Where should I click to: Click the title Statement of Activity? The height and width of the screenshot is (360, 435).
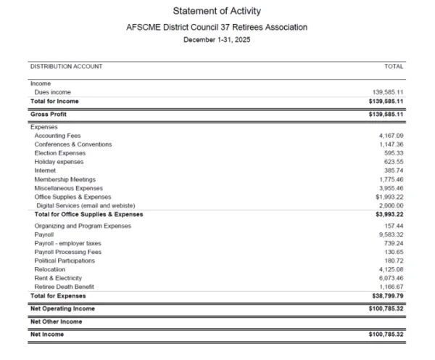tap(217, 11)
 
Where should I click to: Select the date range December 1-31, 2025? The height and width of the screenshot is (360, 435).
tap(217, 40)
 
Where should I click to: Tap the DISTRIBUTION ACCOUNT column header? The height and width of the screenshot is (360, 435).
tap(66, 67)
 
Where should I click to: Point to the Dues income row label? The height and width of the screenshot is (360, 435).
tap(53, 92)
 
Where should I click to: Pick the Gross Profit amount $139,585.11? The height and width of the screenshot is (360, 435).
tap(386, 115)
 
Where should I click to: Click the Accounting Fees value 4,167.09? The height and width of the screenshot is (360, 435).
tap(391, 136)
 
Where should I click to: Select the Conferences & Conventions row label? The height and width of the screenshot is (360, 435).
tap(73, 144)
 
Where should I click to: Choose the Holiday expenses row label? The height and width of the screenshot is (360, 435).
tap(59, 162)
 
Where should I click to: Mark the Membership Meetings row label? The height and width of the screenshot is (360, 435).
tap(65, 179)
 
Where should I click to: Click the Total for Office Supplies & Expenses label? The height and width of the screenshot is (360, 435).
tap(88, 214)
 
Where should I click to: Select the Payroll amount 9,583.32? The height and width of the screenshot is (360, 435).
tap(391, 235)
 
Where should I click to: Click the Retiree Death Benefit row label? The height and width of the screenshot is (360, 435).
tap(64, 287)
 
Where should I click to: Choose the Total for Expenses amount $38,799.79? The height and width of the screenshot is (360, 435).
tap(387, 296)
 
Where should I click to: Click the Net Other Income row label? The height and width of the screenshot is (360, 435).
tap(56, 321)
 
